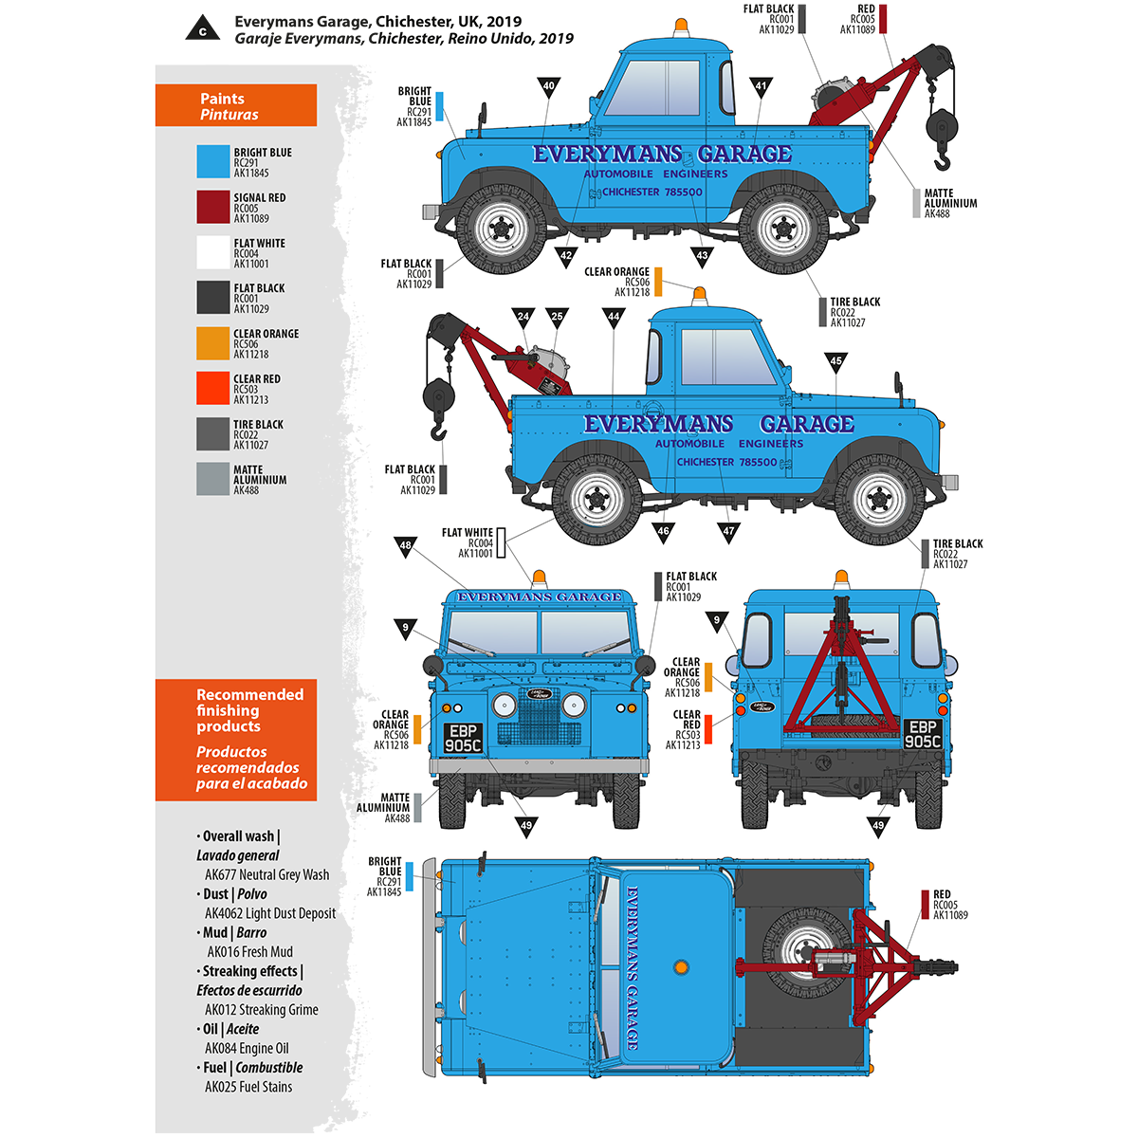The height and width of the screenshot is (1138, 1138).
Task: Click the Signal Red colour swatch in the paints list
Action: [x=213, y=207]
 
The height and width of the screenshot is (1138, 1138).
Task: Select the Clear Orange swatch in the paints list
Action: [x=213, y=343]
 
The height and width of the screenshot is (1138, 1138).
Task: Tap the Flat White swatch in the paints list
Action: [x=213, y=252]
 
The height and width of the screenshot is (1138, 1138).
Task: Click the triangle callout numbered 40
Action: [x=548, y=86]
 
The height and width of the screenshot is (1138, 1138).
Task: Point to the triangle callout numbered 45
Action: [x=835, y=361]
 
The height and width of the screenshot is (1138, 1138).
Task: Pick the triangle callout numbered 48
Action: [x=406, y=545]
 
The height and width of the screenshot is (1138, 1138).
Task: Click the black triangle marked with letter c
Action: [x=202, y=28]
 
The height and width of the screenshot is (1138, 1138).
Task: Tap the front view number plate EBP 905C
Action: [x=464, y=739]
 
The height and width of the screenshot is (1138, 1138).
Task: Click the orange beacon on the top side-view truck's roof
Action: [x=681, y=27]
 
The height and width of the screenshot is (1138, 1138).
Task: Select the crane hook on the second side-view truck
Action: [x=437, y=432]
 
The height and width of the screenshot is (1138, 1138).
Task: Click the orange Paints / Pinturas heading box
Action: [x=236, y=105]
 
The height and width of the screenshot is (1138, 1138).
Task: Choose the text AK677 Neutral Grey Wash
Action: [x=267, y=875]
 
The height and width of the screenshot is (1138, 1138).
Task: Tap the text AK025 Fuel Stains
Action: [x=248, y=1087]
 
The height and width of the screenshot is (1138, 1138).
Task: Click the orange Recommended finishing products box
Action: [x=236, y=740]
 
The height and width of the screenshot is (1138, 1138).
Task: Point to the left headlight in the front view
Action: [x=505, y=705]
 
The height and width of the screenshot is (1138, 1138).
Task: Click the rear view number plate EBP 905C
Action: [x=923, y=734]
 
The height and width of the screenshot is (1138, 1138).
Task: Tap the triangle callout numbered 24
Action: [x=523, y=317]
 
